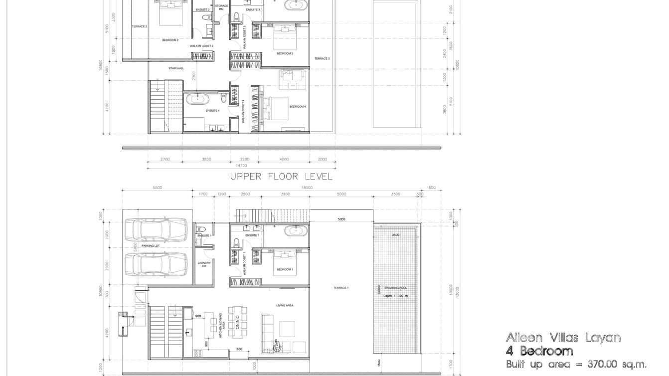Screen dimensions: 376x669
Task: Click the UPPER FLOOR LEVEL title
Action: pos(281,176)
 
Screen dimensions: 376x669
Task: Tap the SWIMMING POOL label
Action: pos(396,288)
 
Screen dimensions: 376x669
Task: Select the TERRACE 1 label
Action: pos(341,288)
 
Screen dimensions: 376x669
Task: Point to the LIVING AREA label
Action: pos(285,305)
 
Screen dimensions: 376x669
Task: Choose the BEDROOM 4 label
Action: pos(297,106)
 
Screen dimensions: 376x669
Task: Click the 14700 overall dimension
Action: pos(241,165)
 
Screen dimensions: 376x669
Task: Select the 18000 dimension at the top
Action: pos(307,188)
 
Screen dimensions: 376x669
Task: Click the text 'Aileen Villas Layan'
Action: pos(563,338)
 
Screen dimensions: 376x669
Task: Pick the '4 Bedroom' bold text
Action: pos(539,351)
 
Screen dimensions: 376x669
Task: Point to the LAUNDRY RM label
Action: pos(204,264)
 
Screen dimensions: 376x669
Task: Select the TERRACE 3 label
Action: pos(322,58)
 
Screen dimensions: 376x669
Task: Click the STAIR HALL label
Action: pos(176,68)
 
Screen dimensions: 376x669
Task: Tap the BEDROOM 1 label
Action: pos(285,269)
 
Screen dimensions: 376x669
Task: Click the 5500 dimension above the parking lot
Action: pos(157,188)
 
